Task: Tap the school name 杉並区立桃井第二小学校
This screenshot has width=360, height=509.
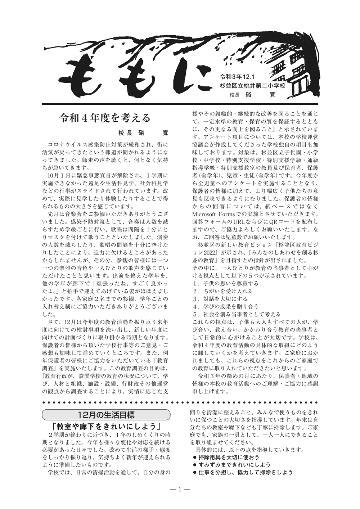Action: click(x=253, y=86)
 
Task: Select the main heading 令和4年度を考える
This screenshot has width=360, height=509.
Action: click(x=105, y=118)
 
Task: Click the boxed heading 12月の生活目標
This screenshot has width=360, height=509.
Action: click(x=106, y=415)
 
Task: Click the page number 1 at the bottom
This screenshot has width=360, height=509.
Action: click(x=180, y=489)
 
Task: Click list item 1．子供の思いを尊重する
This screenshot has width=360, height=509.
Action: click(x=225, y=283)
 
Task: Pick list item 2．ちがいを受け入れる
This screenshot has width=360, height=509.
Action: click(x=223, y=291)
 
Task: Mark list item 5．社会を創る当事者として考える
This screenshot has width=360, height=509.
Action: click(x=237, y=314)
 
